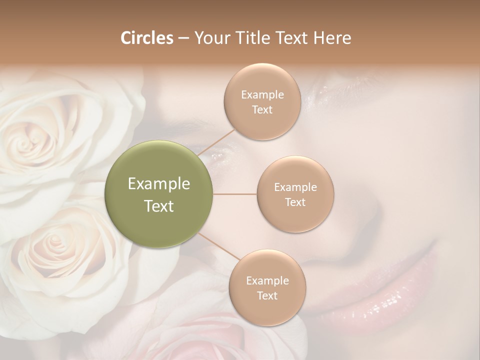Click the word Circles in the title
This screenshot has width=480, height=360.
pos(146,38)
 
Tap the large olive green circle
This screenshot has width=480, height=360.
pos(159,194)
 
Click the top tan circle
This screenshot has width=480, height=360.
pos(262,101)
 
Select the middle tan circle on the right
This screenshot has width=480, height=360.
pos(295,194)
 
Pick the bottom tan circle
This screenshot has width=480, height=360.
pos(267,287)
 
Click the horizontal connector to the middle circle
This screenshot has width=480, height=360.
pos(234,194)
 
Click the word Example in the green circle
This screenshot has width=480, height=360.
pos(159,184)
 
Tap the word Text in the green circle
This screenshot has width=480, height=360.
pos(159,206)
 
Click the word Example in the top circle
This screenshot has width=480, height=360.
pos(262,94)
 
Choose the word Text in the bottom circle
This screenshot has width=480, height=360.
pos(267,295)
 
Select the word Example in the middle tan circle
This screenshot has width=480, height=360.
pos(295,187)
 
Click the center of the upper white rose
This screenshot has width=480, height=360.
pos(27,140)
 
